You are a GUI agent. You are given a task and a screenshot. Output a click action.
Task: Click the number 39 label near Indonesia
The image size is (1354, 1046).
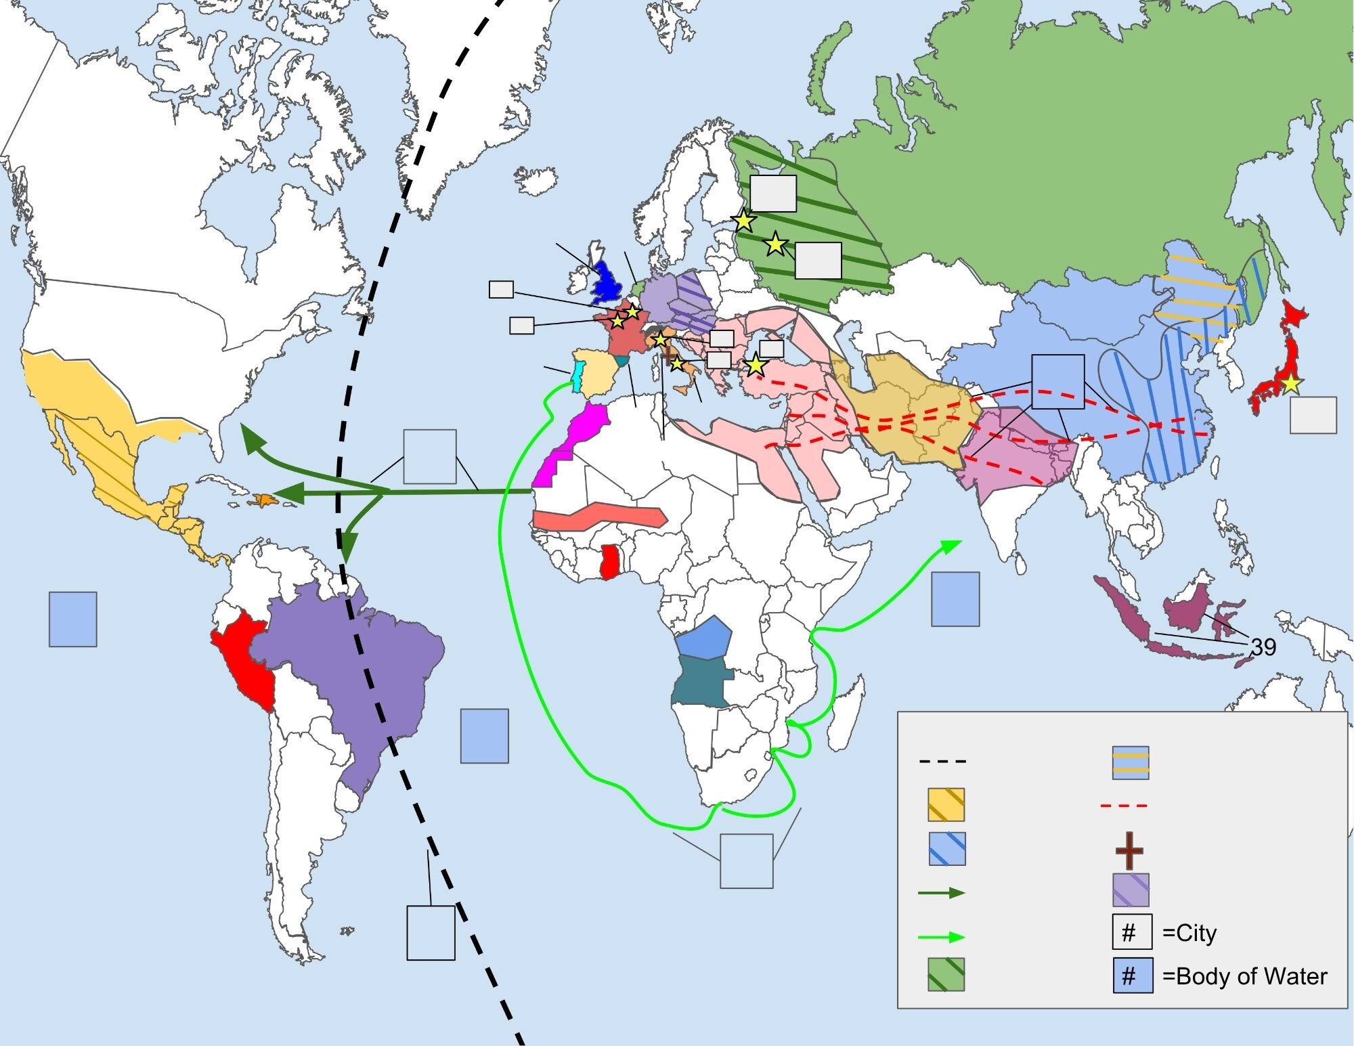click(1263, 647)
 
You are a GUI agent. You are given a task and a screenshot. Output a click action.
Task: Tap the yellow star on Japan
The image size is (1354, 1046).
click(1291, 384)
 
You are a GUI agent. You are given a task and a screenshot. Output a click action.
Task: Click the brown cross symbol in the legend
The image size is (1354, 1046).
click(1129, 850)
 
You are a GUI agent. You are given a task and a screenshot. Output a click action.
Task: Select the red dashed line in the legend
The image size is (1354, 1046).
click(1124, 806)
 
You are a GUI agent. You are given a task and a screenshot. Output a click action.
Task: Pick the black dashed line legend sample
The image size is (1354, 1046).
click(942, 762)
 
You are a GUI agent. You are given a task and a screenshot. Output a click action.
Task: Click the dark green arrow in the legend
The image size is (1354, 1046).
click(942, 893)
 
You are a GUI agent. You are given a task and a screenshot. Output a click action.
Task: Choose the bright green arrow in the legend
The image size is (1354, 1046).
click(942, 937)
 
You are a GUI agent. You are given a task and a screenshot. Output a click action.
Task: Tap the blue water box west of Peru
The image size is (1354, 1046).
click(72, 619)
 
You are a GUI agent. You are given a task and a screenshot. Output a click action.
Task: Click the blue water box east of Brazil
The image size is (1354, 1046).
click(484, 736)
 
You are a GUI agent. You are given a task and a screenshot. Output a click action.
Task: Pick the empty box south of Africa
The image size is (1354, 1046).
click(746, 860)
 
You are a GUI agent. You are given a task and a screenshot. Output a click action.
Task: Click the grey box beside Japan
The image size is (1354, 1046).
click(1313, 415)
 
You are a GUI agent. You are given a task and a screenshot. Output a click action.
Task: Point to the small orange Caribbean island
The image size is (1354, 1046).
click(261, 500)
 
